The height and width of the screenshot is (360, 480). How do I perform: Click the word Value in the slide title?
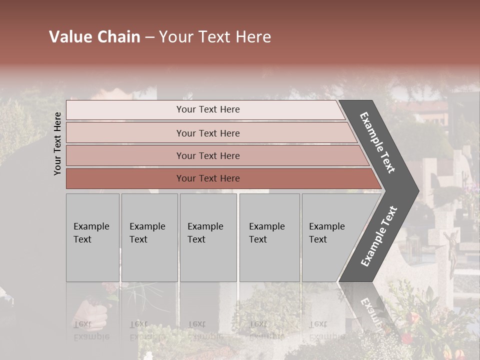coord(69,37)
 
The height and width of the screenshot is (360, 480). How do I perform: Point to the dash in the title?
coord(149,37)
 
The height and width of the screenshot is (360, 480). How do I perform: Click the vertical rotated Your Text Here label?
coord(57,143)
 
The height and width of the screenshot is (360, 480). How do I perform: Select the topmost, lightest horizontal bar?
coord(207,110)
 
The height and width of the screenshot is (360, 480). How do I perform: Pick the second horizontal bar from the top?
coord(207,133)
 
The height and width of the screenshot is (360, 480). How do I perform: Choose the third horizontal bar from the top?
coord(207,155)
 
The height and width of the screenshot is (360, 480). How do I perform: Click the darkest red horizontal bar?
coord(207,178)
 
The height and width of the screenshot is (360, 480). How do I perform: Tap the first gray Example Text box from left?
coord(92,237)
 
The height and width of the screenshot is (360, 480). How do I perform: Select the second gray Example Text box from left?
coord(149,237)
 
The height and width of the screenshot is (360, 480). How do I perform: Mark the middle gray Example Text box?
coord(208,237)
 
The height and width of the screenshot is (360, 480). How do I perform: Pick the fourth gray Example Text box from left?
coord(269,237)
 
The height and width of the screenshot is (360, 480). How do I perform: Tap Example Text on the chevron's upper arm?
coord(378,142)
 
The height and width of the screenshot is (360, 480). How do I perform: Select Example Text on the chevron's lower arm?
coord(378,236)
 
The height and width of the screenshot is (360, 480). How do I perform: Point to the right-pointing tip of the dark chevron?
coord(417,190)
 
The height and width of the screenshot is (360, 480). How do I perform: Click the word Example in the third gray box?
coord(205,226)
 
